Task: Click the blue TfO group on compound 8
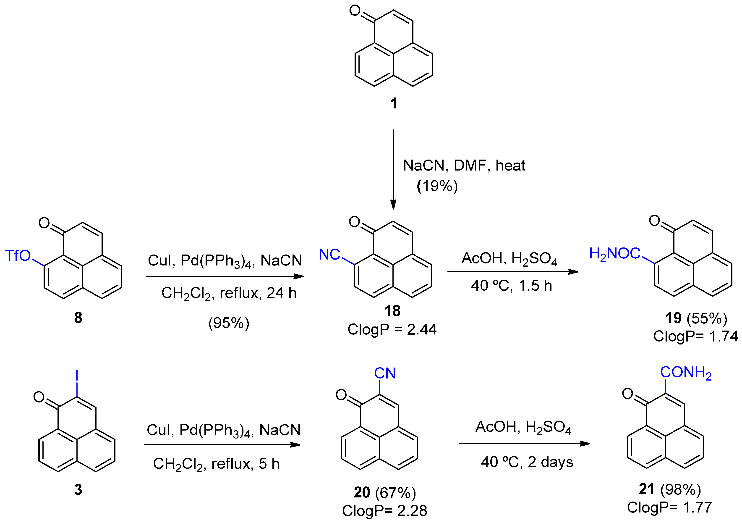18,256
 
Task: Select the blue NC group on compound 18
329,254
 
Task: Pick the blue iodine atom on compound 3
77,375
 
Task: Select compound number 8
78,318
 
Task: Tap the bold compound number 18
392,311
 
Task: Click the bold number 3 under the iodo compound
78,490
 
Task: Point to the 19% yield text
437,186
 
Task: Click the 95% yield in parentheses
229,323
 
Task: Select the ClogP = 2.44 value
392,329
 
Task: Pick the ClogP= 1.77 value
670,507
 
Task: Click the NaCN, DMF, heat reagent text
464,166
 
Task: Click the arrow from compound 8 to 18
225,276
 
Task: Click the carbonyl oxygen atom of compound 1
355,11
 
